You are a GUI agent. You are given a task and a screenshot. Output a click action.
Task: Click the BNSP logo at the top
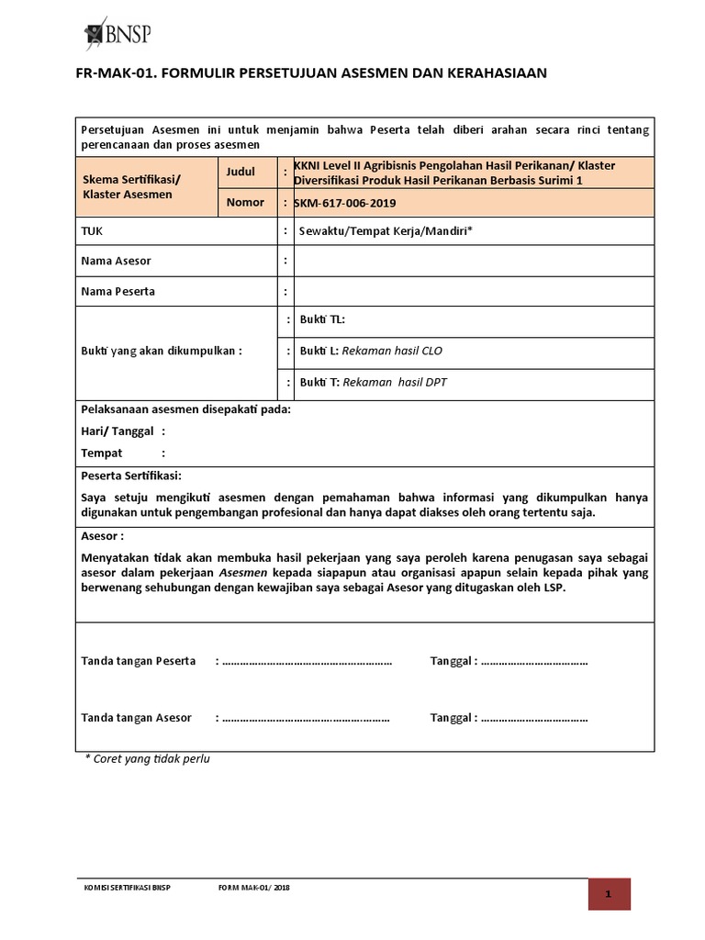(x=117, y=34)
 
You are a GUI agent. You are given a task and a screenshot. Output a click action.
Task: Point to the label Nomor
(x=244, y=202)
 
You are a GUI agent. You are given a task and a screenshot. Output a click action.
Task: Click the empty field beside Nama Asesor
(x=473, y=261)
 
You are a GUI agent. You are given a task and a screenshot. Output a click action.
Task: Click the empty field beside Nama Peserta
(x=473, y=292)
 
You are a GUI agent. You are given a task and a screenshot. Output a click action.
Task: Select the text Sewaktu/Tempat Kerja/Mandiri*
(x=385, y=231)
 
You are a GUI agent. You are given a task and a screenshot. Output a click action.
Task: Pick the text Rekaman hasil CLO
(x=392, y=351)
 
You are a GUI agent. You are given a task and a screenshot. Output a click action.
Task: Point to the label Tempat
(x=101, y=453)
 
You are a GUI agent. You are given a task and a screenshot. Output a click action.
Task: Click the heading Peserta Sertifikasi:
(x=131, y=476)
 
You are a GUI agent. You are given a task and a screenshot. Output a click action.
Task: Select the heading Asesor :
(x=103, y=535)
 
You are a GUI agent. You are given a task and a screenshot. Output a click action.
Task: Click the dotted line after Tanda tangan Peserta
(x=307, y=661)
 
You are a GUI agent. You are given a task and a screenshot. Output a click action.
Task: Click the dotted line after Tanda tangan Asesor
(x=307, y=718)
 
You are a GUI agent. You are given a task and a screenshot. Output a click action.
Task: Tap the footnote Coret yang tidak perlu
(x=147, y=759)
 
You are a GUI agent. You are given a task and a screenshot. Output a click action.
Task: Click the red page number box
(x=609, y=894)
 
